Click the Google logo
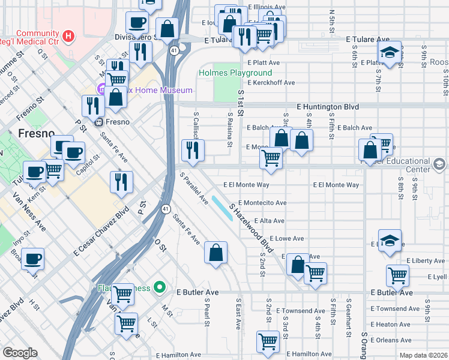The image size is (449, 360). click(19, 353)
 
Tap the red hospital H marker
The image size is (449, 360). click(69, 37)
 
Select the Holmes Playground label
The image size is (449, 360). click(235, 73)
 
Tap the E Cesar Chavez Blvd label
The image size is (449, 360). click(101, 232)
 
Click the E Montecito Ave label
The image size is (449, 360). click(262, 203)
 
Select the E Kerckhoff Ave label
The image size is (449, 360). click(271, 82)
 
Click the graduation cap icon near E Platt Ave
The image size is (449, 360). click(390, 53)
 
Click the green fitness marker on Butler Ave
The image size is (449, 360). click(159, 287)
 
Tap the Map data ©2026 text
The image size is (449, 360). click(423, 355)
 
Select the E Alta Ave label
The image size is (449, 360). click(269, 221)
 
